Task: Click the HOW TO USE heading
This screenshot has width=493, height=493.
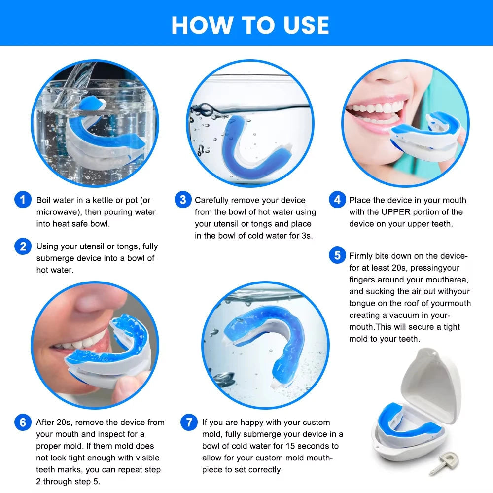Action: tap(250, 25)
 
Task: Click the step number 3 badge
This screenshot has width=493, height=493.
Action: tap(183, 200)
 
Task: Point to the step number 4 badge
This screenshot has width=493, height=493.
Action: tap(337, 200)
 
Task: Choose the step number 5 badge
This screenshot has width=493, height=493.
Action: tap(337, 255)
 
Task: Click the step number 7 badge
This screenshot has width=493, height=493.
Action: tap(189, 423)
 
